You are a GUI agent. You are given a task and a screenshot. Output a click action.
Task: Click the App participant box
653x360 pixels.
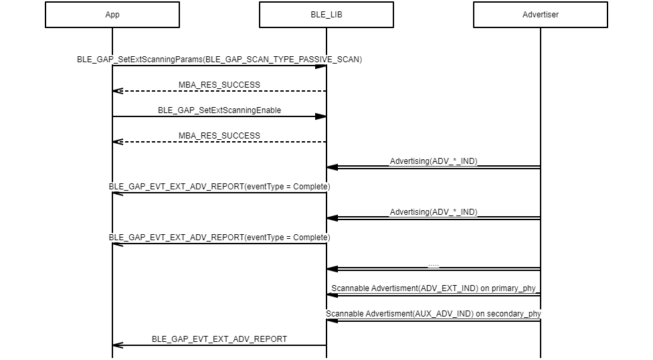pos(112,15)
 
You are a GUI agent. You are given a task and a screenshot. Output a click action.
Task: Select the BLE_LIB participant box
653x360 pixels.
pos(326,15)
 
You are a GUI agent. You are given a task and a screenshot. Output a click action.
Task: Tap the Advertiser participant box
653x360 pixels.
pos(541,15)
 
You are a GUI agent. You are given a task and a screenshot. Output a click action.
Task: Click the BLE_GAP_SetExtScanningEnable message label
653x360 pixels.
pos(219,110)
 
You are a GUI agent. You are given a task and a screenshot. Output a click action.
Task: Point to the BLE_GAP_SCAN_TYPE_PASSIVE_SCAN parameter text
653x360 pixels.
pos(282,59)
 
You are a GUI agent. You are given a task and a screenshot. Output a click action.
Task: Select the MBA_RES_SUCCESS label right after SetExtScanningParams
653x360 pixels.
pos(219,84)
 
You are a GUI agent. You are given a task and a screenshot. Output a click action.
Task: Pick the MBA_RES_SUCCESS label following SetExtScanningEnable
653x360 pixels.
pos(219,135)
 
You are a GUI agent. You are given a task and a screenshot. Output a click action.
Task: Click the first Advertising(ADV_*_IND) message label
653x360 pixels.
pos(434,161)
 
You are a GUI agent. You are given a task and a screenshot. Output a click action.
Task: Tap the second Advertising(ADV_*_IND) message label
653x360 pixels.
pos(434,211)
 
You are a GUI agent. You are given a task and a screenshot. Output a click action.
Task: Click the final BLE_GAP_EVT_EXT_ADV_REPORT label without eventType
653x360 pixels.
pos(219,339)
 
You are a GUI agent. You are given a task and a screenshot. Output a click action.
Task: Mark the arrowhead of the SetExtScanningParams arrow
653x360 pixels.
pos(321,66)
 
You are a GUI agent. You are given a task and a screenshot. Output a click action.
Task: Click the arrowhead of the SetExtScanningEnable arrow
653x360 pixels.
pos(321,116)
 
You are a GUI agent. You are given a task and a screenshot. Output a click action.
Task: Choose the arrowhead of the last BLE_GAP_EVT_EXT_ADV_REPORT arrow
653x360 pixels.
pos(118,345)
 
